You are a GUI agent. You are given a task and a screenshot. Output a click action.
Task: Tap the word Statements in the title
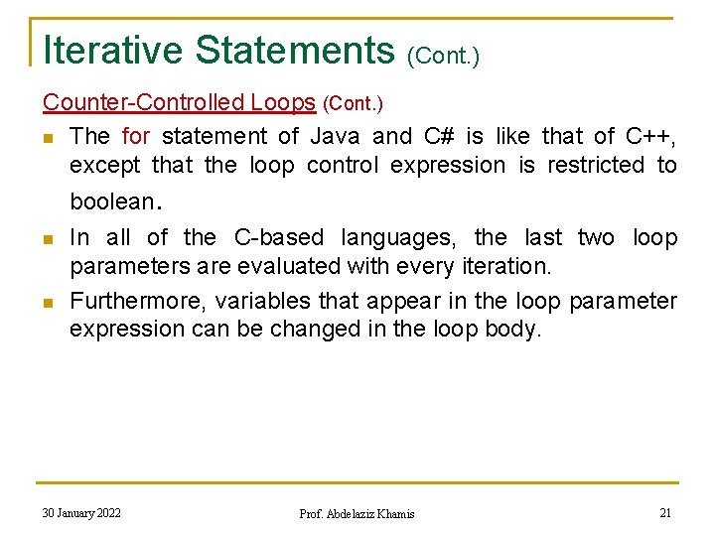295,50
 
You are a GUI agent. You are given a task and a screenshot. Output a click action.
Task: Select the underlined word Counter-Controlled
143,102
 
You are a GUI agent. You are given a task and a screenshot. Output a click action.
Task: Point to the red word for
135,136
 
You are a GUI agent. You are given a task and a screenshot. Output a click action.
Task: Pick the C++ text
650,136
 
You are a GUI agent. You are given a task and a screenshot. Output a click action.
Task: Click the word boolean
111,201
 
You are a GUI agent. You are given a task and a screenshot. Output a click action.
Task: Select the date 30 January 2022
81,513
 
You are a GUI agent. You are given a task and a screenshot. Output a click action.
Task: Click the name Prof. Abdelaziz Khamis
357,514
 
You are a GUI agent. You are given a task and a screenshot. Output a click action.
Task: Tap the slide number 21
665,513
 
